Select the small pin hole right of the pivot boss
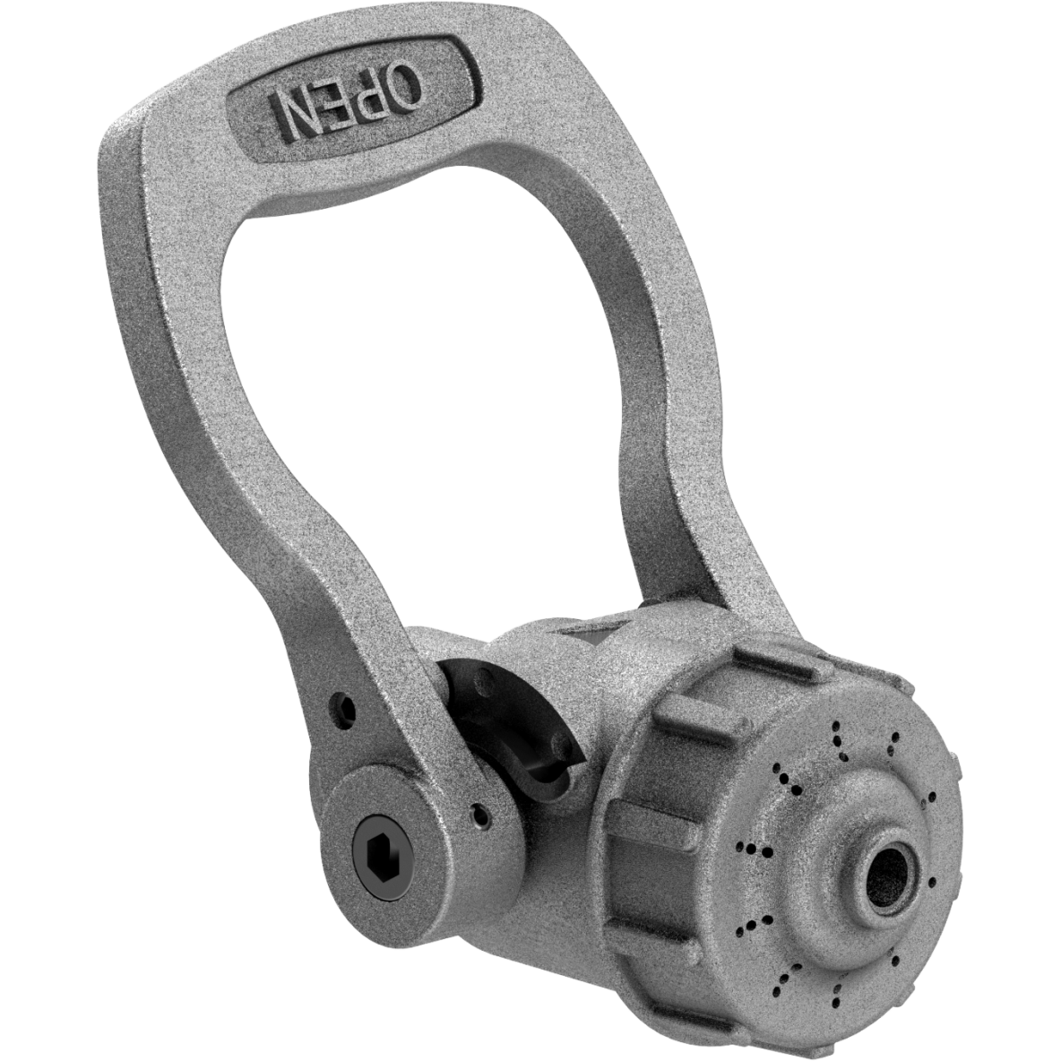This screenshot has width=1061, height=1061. (x=479, y=815)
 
